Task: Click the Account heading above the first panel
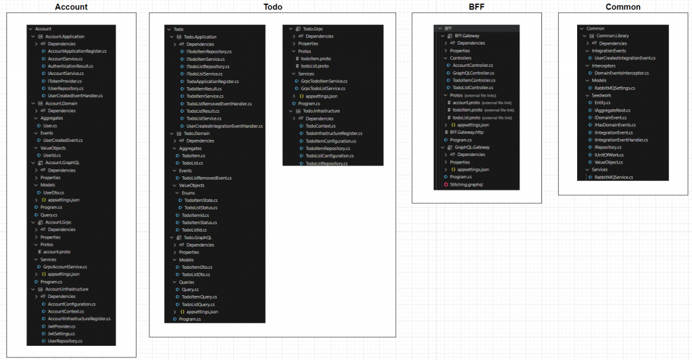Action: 71,7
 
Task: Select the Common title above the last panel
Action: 622,7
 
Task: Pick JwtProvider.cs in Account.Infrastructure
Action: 61,326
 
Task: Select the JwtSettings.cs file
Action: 61,334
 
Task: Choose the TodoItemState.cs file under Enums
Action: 199,200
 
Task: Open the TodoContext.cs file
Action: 320,126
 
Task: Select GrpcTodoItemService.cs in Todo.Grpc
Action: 323,81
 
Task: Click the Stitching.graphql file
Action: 466,184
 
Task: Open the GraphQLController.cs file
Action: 472,73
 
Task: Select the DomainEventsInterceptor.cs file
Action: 621,73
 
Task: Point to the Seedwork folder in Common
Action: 601,95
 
